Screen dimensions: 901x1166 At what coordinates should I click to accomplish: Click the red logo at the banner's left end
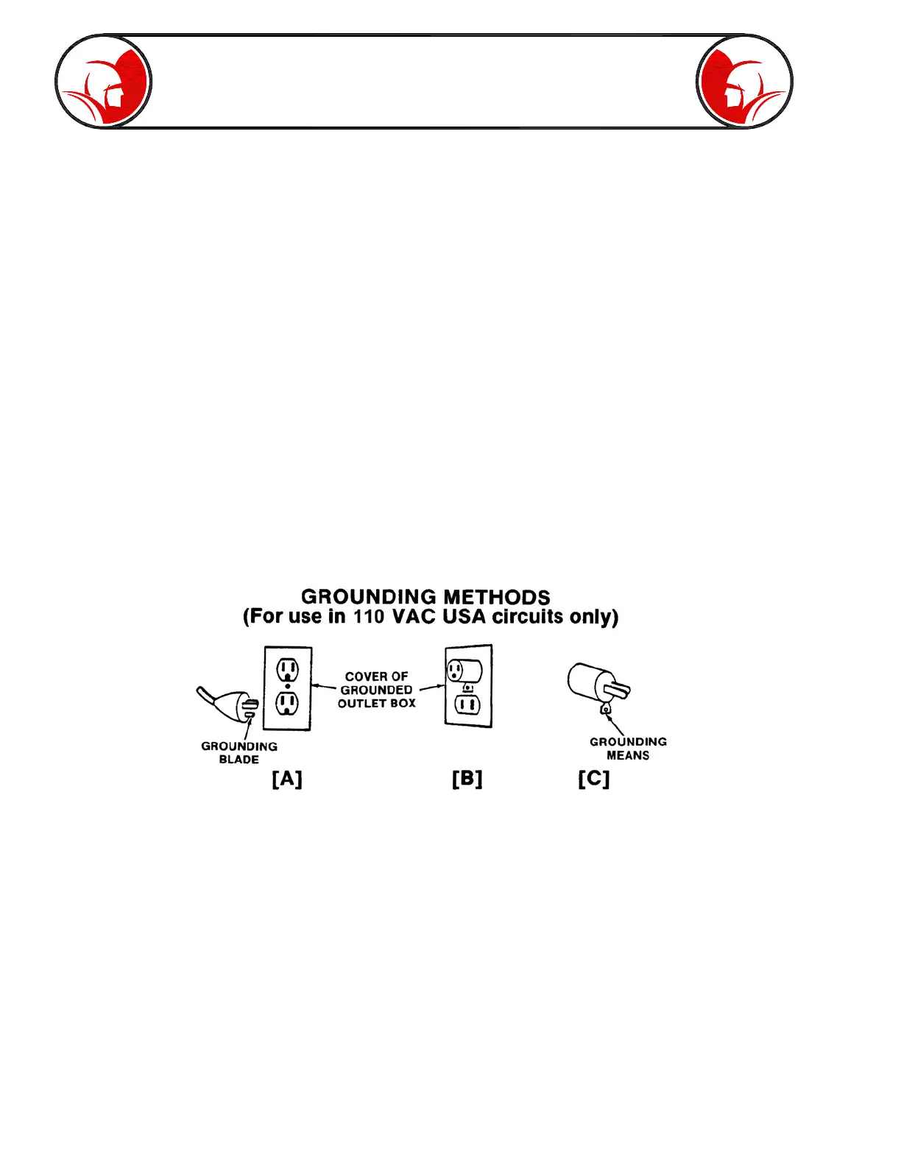103,81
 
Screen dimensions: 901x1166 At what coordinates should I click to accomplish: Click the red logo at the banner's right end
744,81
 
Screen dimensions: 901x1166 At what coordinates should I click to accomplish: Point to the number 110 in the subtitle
369,617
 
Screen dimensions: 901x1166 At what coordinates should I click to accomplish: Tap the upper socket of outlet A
287,669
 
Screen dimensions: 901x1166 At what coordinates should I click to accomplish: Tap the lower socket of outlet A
287,704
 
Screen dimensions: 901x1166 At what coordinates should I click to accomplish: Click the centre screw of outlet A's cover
287,687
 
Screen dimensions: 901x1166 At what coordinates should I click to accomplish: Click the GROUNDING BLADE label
239,753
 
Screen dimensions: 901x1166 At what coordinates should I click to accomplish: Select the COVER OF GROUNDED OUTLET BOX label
376,690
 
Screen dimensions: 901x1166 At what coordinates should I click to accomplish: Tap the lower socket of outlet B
467,705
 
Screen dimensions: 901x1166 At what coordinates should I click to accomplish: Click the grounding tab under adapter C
605,709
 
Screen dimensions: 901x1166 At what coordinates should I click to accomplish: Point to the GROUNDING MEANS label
628,749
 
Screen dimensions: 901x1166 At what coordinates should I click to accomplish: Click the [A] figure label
287,779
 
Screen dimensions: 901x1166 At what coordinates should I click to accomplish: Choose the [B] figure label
467,779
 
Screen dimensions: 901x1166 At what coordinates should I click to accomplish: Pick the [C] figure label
594,779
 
